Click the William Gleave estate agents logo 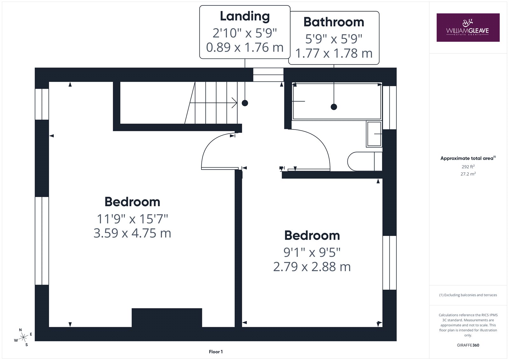pyautogui.click(x=468, y=27)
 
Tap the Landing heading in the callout pyautogui.click(x=245, y=16)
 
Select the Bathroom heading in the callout pyautogui.click(x=334, y=22)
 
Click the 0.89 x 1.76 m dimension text pyautogui.click(x=245, y=47)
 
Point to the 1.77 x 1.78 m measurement pyautogui.click(x=334, y=53)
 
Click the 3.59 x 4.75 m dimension pyautogui.click(x=132, y=233)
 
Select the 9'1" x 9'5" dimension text pyautogui.click(x=312, y=252)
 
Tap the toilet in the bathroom pyautogui.click(x=365, y=161)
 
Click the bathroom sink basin pyautogui.click(x=374, y=134)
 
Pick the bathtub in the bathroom pyautogui.click(x=337, y=101)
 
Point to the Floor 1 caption pyautogui.click(x=216, y=352)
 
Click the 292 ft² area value pyautogui.click(x=468, y=167)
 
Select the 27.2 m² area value pyautogui.click(x=468, y=174)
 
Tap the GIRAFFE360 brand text pyautogui.click(x=468, y=345)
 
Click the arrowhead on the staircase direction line pyautogui.click(x=235, y=103)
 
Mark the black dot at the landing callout pyautogui.click(x=245, y=103)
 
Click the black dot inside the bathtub pyautogui.click(x=334, y=107)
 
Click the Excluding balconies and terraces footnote pyautogui.click(x=468, y=295)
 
